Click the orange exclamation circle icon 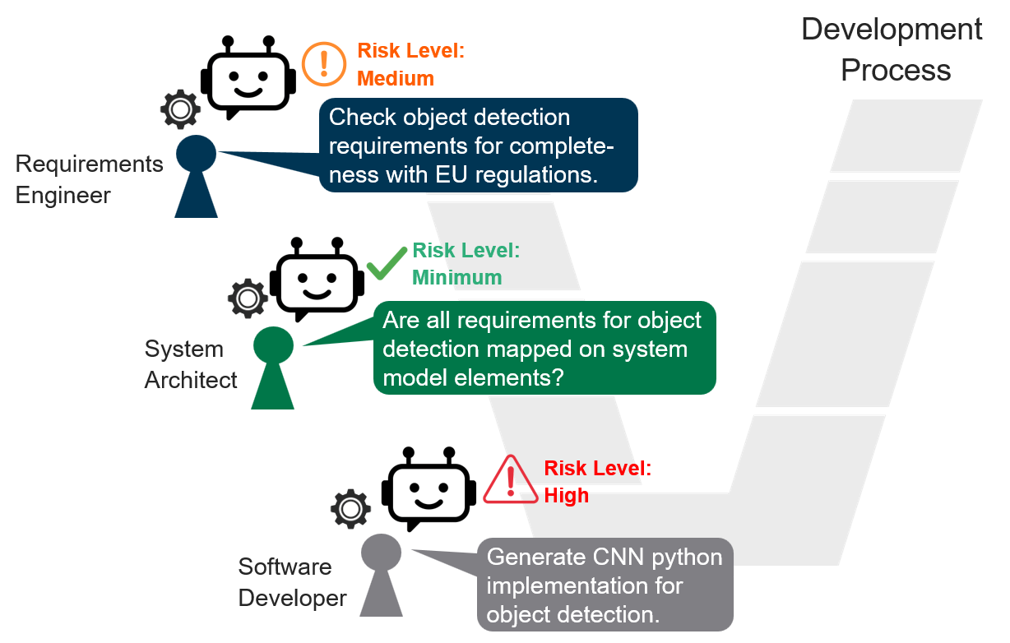324,63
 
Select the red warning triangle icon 509,479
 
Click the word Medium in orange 395,79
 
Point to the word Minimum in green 456,278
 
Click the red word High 566,496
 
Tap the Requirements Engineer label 88,179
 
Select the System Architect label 191,364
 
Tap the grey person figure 381,575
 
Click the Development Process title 893,49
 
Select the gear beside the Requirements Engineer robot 180,109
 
